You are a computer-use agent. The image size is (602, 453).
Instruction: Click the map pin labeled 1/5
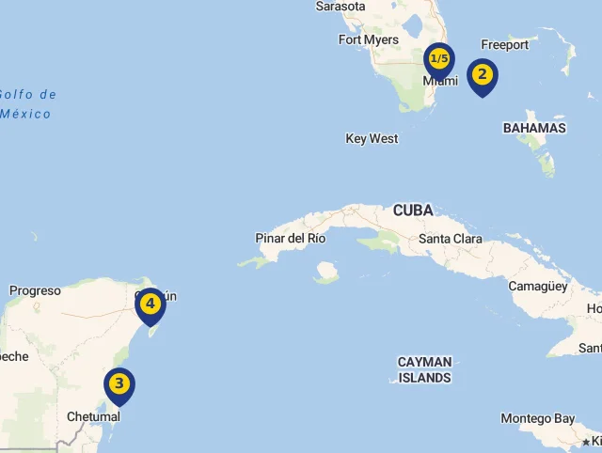[438, 60]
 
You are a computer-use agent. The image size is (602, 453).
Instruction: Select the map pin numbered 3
[119, 383]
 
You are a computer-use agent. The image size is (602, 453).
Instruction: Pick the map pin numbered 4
[150, 305]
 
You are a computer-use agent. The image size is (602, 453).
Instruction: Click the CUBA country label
[413, 210]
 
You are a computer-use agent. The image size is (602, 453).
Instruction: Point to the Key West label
[372, 138]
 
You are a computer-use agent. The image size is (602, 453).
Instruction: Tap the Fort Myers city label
[369, 39]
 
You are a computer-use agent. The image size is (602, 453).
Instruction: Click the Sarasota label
[340, 7]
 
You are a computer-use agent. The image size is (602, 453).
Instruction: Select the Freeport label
[504, 44]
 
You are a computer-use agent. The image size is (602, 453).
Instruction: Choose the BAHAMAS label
[534, 128]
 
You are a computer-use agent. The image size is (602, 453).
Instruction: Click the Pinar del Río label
[291, 238]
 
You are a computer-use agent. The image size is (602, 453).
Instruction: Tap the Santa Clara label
[451, 239]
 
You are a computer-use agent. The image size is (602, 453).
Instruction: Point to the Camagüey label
[538, 286]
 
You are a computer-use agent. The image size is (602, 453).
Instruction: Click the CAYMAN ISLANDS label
[424, 369]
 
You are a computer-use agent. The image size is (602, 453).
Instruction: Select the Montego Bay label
[538, 418]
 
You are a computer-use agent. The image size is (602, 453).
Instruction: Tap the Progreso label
[35, 290]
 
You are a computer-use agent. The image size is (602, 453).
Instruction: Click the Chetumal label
[93, 416]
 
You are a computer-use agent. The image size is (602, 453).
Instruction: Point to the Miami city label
[439, 81]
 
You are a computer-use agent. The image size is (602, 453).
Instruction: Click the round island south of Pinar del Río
[326, 273]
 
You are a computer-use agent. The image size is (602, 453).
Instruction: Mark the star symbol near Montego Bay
[586, 441]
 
